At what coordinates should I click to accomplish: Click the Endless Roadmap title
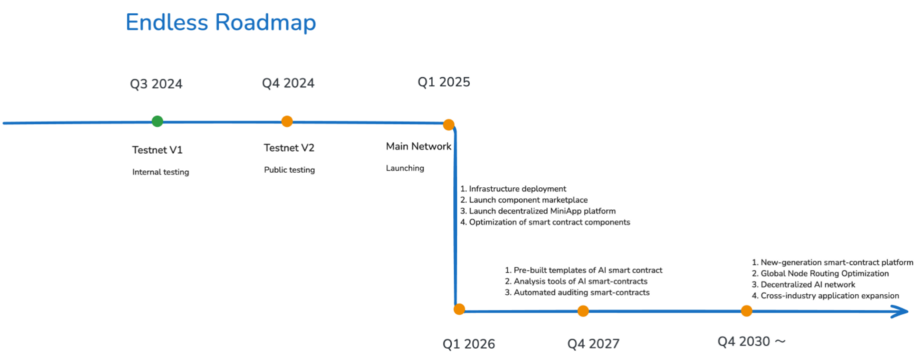click(x=221, y=23)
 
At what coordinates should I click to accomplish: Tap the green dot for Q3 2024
click(x=157, y=121)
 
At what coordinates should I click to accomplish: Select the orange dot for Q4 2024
click(x=287, y=121)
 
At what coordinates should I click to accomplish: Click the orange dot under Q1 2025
click(x=449, y=124)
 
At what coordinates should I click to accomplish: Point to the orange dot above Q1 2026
click(x=459, y=309)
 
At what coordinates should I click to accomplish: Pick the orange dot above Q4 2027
click(x=583, y=311)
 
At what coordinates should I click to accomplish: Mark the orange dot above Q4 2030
click(x=747, y=311)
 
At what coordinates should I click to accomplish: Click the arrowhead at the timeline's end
click(x=907, y=312)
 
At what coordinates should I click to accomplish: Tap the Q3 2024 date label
click(x=156, y=84)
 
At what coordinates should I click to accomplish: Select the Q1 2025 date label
click(x=444, y=82)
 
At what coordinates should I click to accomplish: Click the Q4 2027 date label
click(x=594, y=343)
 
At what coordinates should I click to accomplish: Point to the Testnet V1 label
click(x=157, y=150)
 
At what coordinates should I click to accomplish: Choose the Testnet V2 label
click(x=290, y=148)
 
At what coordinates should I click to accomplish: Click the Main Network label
click(x=418, y=146)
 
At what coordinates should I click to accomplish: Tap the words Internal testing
click(x=161, y=172)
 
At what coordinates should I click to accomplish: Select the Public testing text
click(x=290, y=170)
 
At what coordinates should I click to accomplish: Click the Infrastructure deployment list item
click(x=513, y=189)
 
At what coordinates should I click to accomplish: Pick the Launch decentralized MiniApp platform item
click(x=538, y=211)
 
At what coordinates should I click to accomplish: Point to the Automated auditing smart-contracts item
click(x=577, y=292)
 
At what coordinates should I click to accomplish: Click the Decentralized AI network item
click(x=803, y=284)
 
